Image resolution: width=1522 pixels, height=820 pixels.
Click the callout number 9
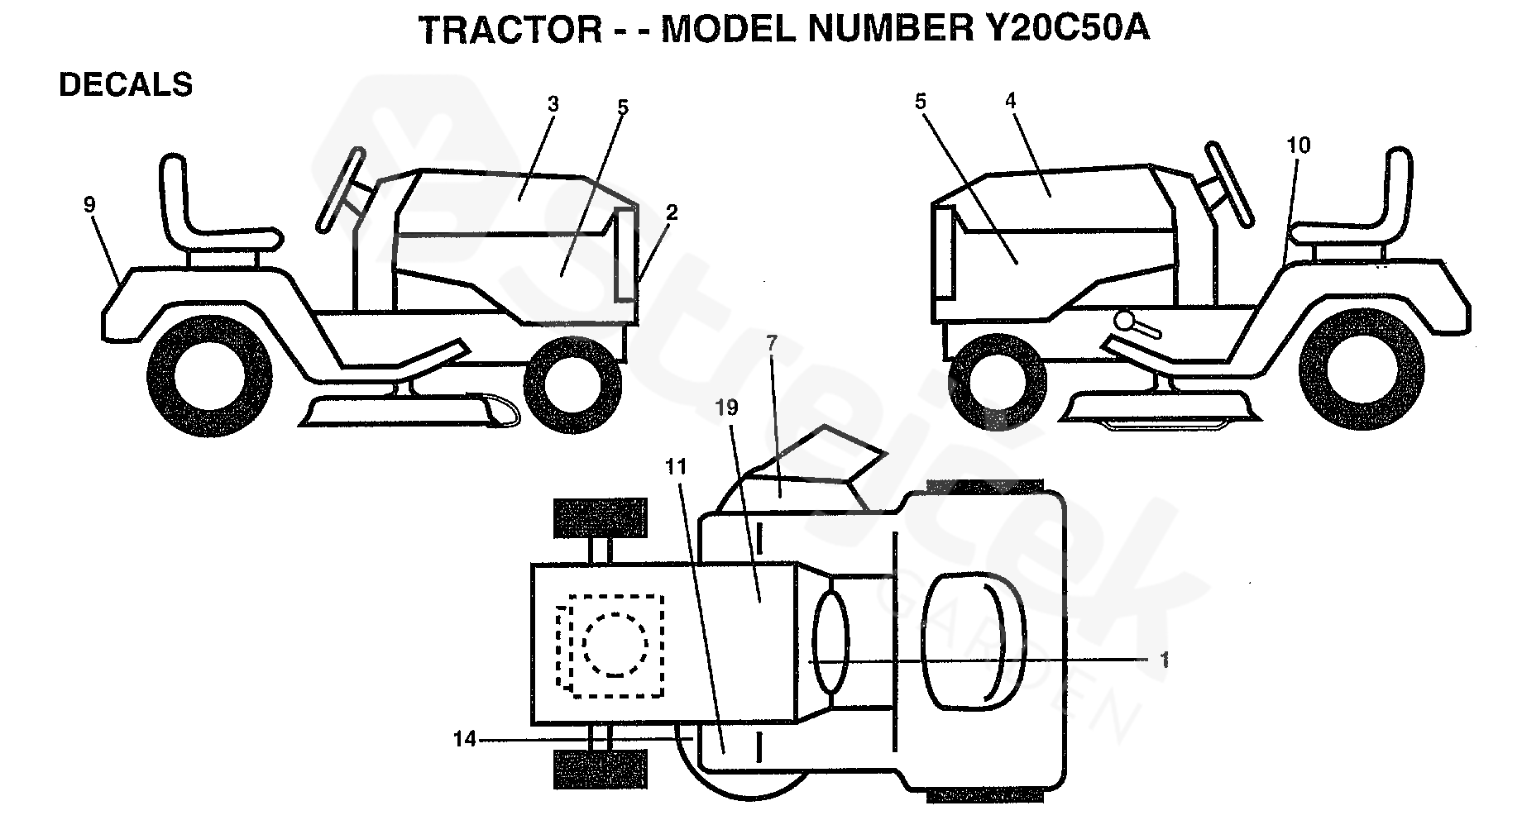click(90, 205)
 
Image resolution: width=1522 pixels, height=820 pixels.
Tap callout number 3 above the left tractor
click(553, 104)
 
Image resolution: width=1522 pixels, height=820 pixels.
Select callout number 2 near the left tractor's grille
click(671, 212)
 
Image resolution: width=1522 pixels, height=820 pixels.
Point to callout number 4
click(1010, 101)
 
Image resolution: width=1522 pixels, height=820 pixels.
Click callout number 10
click(1298, 145)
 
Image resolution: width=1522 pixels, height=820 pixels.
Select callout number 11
click(676, 467)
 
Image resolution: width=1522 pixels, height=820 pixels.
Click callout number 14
click(466, 739)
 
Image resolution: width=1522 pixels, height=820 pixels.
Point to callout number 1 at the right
click(1165, 660)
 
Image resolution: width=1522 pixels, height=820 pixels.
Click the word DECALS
click(126, 85)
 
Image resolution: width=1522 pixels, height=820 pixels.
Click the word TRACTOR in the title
click(511, 30)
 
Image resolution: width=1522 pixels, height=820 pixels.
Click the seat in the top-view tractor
click(964, 642)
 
